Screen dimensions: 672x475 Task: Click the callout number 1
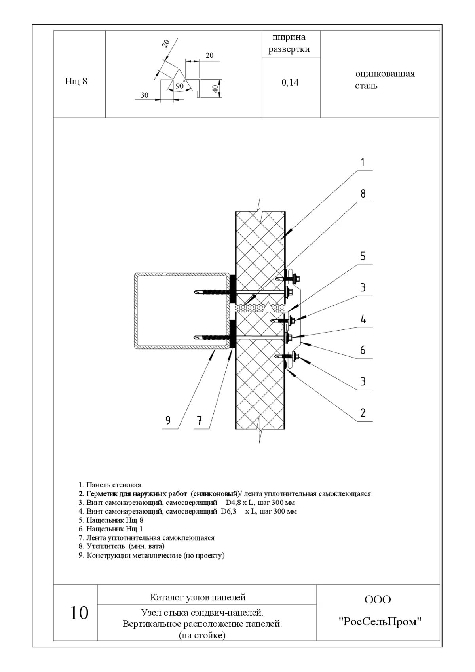click(x=362, y=162)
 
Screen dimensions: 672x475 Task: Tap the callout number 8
click(x=363, y=194)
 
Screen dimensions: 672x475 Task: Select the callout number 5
click(x=363, y=256)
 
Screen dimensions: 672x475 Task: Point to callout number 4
click(x=363, y=319)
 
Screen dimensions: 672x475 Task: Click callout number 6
click(x=363, y=350)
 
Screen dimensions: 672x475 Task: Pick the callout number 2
click(x=363, y=413)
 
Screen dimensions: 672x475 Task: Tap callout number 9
click(x=168, y=420)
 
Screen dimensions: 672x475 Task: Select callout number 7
click(x=200, y=420)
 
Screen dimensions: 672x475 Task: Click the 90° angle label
click(x=180, y=86)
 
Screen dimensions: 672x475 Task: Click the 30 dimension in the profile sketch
click(x=144, y=95)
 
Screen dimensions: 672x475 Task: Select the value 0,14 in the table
click(x=290, y=82)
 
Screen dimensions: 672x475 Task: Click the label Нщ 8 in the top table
click(x=76, y=81)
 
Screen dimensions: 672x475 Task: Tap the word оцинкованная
click(x=385, y=74)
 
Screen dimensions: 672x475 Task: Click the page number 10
click(x=79, y=613)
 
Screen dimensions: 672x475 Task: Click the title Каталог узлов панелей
click(x=198, y=597)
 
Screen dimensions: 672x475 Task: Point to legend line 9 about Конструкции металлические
click(x=152, y=555)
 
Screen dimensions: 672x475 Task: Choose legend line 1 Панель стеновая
click(x=110, y=485)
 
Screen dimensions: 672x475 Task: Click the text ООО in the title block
click(x=378, y=600)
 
